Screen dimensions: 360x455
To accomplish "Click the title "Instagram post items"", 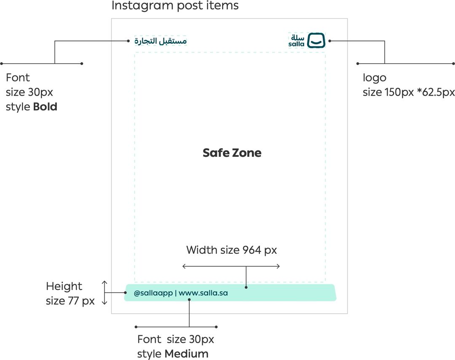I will (175, 6).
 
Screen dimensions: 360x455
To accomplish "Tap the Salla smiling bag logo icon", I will (316, 40).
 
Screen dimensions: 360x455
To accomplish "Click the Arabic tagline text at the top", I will (161, 41).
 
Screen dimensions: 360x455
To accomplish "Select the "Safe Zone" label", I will (232, 153).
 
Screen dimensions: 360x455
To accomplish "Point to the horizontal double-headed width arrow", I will (231, 266).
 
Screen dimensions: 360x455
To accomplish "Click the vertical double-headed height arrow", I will (105, 293).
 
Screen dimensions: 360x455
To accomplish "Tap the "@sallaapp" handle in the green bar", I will (153, 293).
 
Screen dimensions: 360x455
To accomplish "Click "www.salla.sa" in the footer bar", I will (203, 293).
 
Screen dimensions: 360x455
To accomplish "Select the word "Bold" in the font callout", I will (45, 107).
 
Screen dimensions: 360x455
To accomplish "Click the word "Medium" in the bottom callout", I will (186, 354).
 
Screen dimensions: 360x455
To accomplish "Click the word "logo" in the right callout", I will (374, 78).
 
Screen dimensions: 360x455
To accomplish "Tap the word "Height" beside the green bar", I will (64, 287).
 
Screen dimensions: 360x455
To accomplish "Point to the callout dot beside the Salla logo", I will (330, 41).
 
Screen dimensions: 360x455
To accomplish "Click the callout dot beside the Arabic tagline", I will (128, 41).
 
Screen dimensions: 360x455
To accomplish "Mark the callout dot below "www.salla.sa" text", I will (190, 300).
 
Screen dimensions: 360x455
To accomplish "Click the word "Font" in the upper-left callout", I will (18, 78).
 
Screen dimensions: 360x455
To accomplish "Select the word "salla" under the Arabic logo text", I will (297, 44).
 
